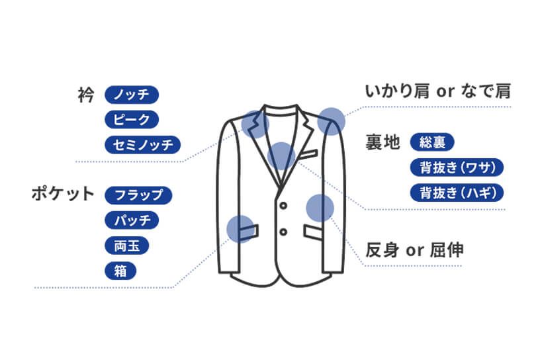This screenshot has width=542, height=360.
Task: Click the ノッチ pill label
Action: coord(132,95)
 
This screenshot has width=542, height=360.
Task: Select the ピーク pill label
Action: coord(132,120)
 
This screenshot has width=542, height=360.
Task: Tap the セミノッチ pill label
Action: coord(143,144)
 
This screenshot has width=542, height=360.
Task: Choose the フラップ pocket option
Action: coord(138,195)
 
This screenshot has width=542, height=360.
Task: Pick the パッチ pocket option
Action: coord(132,220)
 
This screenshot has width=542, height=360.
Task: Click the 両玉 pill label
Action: coord(126,245)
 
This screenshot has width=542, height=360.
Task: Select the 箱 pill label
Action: coord(120,270)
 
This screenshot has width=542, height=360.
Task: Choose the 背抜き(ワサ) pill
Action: coord(457,167)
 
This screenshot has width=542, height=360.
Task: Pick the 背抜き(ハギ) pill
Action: coord(457,193)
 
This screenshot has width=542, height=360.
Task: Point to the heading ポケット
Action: coord(64,195)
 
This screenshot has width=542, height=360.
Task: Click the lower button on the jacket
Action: coord(283,232)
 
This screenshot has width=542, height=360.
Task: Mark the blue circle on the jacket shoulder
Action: coord(332,122)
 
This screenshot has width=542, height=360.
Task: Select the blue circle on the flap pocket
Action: coord(240,228)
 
